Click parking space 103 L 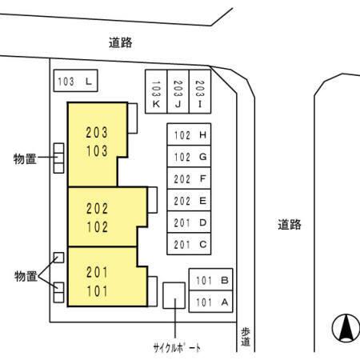pyautogui.click(x=75, y=81)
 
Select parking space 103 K pyautogui.click(x=156, y=92)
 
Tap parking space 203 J pyautogui.click(x=178, y=92)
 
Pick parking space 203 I pyautogui.click(x=200, y=92)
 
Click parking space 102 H pyautogui.click(x=189, y=134)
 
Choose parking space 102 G pyautogui.click(x=189, y=157)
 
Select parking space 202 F pyautogui.click(x=189, y=178)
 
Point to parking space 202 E pyautogui.click(x=189, y=200)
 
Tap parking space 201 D pyautogui.click(x=189, y=222)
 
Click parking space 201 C pyautogui.click(x=189, y=244)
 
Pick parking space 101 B pyautogui.click(x=210, y=279)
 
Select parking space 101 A pyautogui.click(x=210, y=302)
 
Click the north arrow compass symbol pyautogui.click(x=346, y=328)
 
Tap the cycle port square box pyautogui.click(x=174, y=295)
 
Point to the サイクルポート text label pyautogui.click(x=177, y=348)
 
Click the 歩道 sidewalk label pyautogui.click(x=246, y=337)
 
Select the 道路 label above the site pyautogui.click(x=121, y=42)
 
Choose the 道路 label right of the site pyautogui.click(x=290, y=225)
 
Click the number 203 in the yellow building pyautogui.click(x=97, y=133)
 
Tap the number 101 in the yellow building pyautogui.click(x=97, y=291)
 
